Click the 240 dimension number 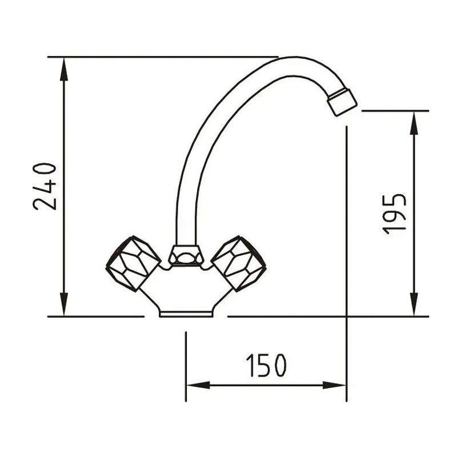pos(45,186)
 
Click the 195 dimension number pos(394,214)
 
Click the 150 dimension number pos(266,366)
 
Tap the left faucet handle pos(133,263)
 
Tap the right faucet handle pos(238,263)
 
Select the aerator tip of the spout pos(342,102)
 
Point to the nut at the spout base pos(186,255)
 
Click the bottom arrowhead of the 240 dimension pos(64,304)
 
